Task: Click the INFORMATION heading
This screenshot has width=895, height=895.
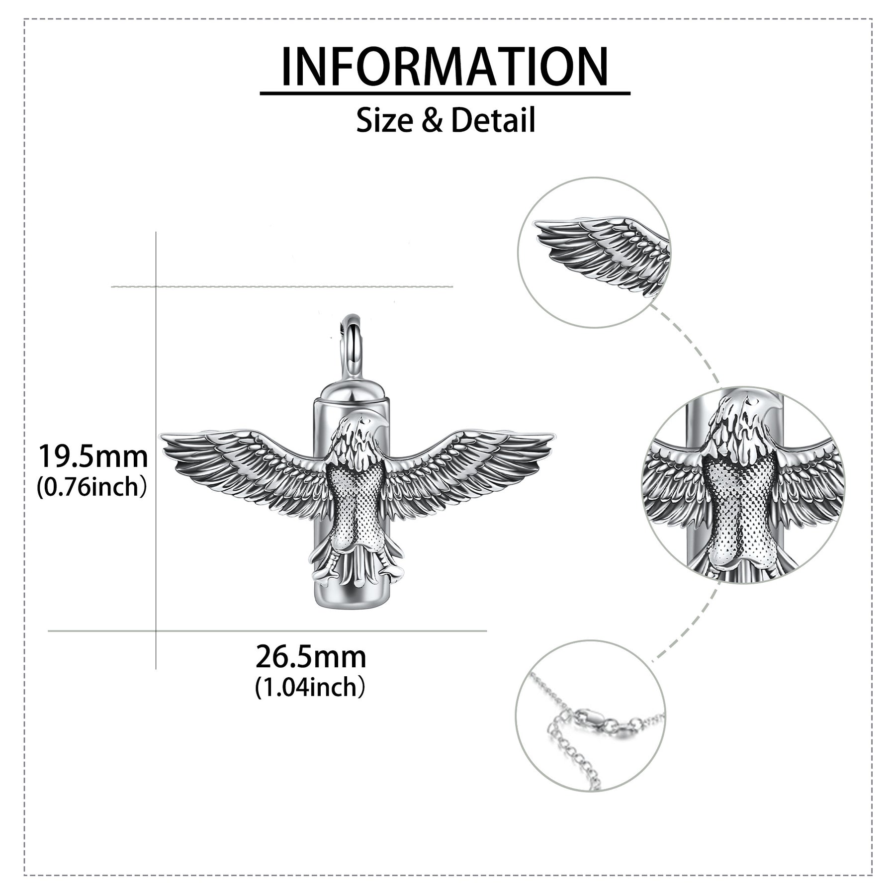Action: click(x=445, y=67)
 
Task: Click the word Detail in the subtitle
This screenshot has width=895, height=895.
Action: click(x=493, y=120)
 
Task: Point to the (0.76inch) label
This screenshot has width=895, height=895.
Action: click(x=92, y=487)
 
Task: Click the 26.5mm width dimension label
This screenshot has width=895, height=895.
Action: click(x=311, y=657)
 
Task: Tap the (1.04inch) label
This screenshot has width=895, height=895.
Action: click(x=310, y=688)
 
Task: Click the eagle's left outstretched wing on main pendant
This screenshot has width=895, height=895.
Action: click(x=244, y=467)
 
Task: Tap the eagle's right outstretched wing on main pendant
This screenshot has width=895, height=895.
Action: click(x=467, y=467)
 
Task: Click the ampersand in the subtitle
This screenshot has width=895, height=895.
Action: click(x=433, y=121)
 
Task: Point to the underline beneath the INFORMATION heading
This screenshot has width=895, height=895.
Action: click(x=445, y=93)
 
